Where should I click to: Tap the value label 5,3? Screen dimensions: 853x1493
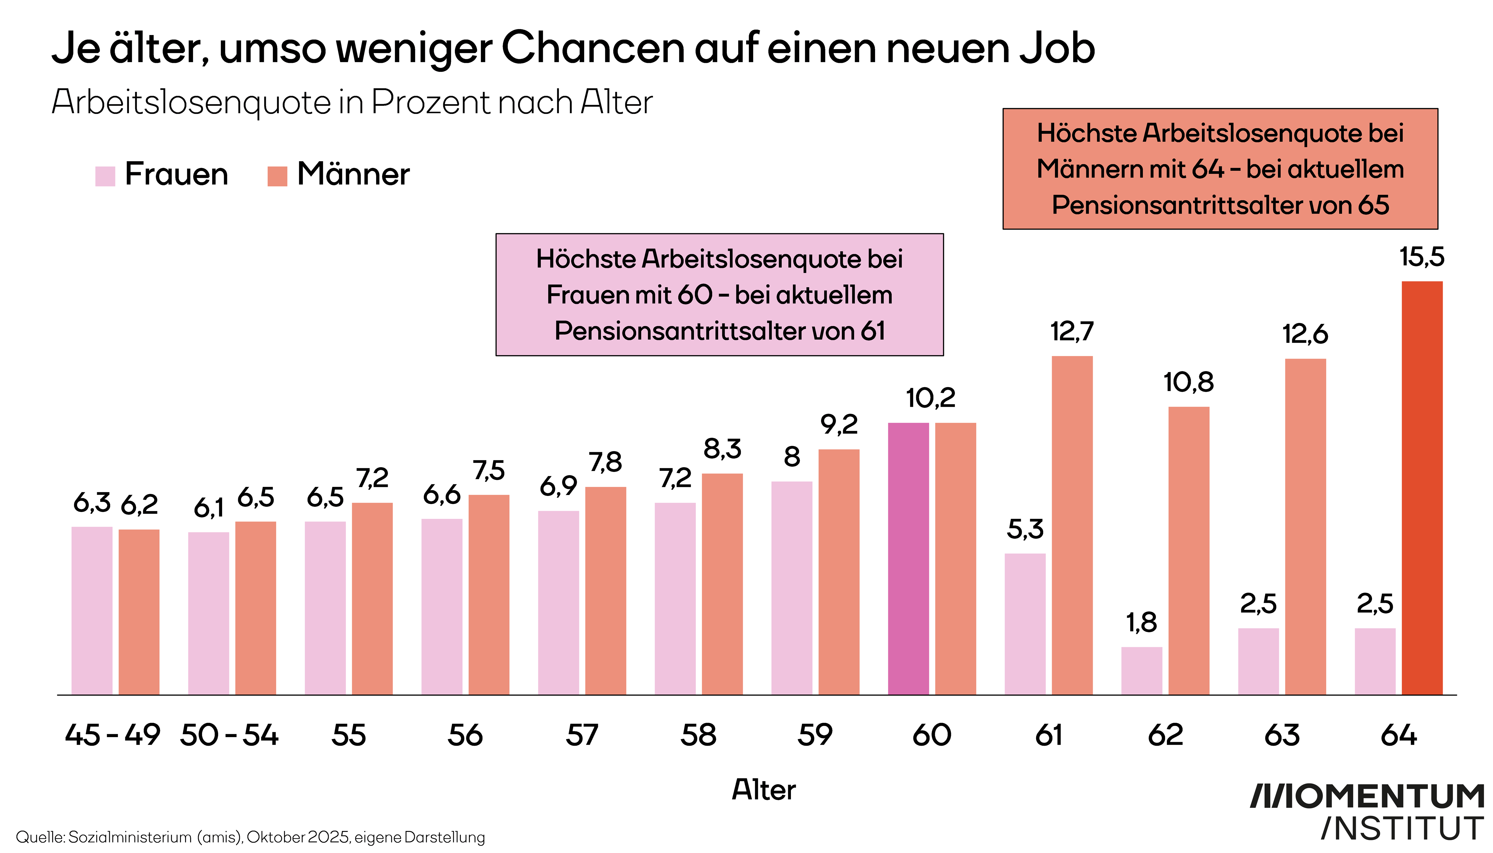pyautogui.click(x=1025, y=530)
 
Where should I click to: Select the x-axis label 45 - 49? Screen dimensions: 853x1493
pyautogui.click(x=113, y=735)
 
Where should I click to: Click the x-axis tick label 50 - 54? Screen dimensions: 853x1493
pyautogui.click(x=229, y=735)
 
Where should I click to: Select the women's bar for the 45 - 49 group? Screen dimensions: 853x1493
pyautogui.click(x=92, y=610)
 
